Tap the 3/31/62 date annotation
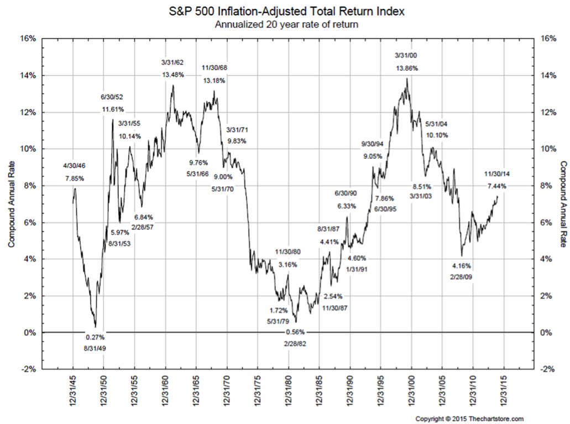coord(172,62)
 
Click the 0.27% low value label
coord(95,337)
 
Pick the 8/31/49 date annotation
coord(95,349)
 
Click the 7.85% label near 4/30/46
coord(75,178)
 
